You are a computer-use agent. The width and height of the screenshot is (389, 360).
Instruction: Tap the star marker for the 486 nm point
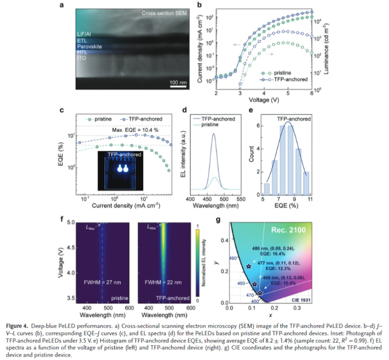pyautogui.click(x=249, y=267)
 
